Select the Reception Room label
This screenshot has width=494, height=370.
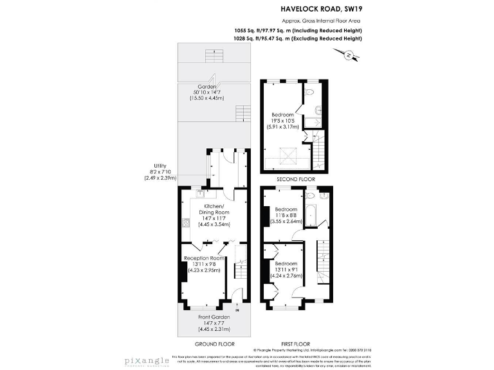coord(203,258)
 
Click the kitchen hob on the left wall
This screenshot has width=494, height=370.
coord(185,224)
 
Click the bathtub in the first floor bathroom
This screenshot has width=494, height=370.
coord(310,214)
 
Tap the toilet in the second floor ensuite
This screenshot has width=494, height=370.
coord(310,92)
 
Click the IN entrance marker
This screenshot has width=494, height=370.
coord(237,310)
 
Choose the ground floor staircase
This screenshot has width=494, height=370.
coord(240,269)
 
